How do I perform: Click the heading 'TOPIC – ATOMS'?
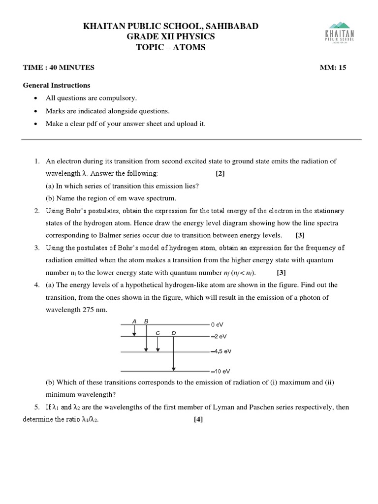pos(171,47)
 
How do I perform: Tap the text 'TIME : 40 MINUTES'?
pos(59,68)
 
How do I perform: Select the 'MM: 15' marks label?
pos(333,68)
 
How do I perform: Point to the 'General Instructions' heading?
pos(57,85)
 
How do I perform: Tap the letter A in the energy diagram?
pos(134,321)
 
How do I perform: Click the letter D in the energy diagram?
pos(173,333)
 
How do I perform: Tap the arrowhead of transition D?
pos(173,368)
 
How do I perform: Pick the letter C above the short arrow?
pos(157,333)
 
